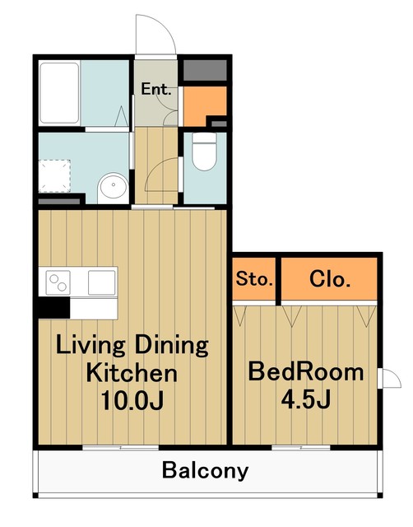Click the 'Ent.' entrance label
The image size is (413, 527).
pyautogui.click(x=156, y=89)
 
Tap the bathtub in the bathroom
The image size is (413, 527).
pyautogui.click(x=59, y=93)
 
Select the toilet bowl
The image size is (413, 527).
pyautogui.click(x=205, y=152)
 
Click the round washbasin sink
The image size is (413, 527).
pyautogui.click(x=114, y=188)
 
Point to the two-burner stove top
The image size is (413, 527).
pyautogui.click(x=58, y=282)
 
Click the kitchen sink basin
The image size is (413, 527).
pyautogui.click(x=102, y=282)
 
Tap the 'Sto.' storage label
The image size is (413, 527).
pyautogui.click(x=254, y=278)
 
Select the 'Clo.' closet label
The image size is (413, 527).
pyautogui.click(x=330, y=279)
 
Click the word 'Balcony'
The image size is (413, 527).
pyautogui.click(x=205, y=471)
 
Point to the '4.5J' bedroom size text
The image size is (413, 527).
pyautogui.click(x=306, y=399)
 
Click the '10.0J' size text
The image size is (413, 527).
pyautogui.click(x=132, y=400)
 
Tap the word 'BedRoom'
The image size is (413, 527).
pyautogui.click(x=306, y=371)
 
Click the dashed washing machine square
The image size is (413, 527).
pyautogui.click(x=55, y=176)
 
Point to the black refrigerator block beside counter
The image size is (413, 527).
pyautogui.click(x=54, y=307)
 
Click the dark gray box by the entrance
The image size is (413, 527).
pyautogui.click(x=205, y=70)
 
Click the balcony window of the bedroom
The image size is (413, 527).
pyautogui.click(x=301, y=447)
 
